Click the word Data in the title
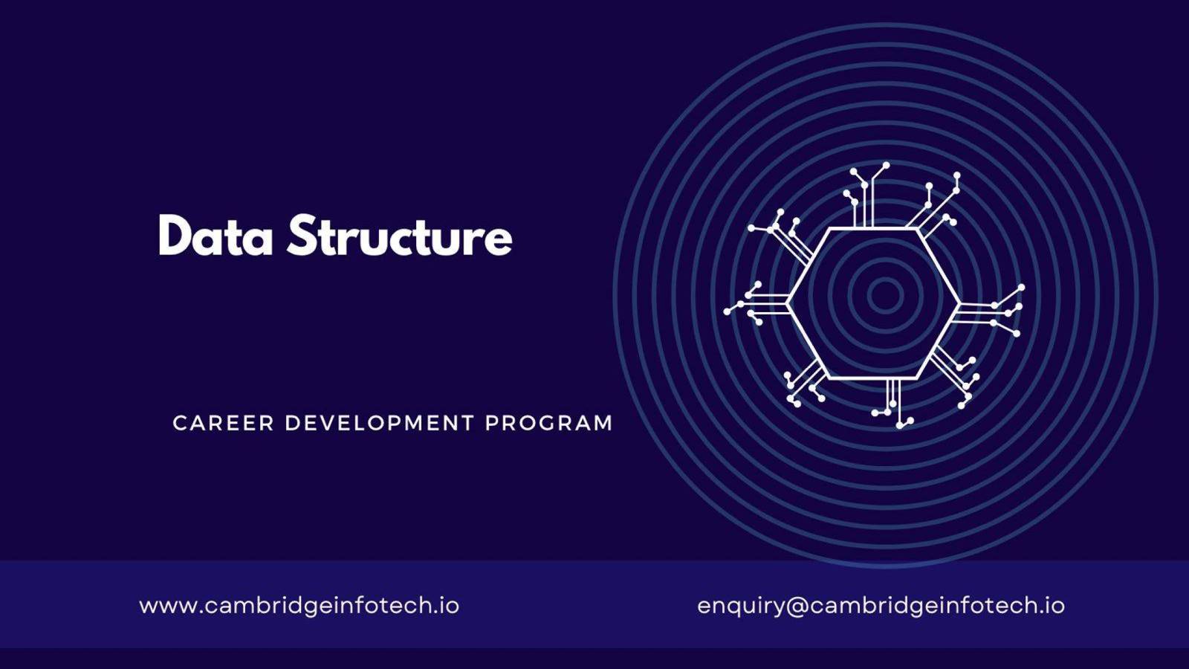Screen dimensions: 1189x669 [216, 235]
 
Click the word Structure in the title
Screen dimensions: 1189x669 [400, 235]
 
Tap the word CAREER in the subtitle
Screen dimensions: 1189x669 [224, 423]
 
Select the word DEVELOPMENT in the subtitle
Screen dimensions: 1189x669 [379, 423]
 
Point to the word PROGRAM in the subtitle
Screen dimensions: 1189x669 [549, 423]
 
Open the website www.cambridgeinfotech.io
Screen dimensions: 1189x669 [299, 606]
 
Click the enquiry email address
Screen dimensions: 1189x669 [881, 606]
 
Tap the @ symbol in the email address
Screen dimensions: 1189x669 [796, 607]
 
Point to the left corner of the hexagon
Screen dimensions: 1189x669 [787, 303]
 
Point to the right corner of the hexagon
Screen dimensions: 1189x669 [959, 303]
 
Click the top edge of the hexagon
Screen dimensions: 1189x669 [873, 228]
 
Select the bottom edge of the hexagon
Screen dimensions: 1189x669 [873, 378]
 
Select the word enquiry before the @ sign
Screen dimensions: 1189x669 [740, 607]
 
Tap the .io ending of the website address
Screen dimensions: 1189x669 [447, 606]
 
